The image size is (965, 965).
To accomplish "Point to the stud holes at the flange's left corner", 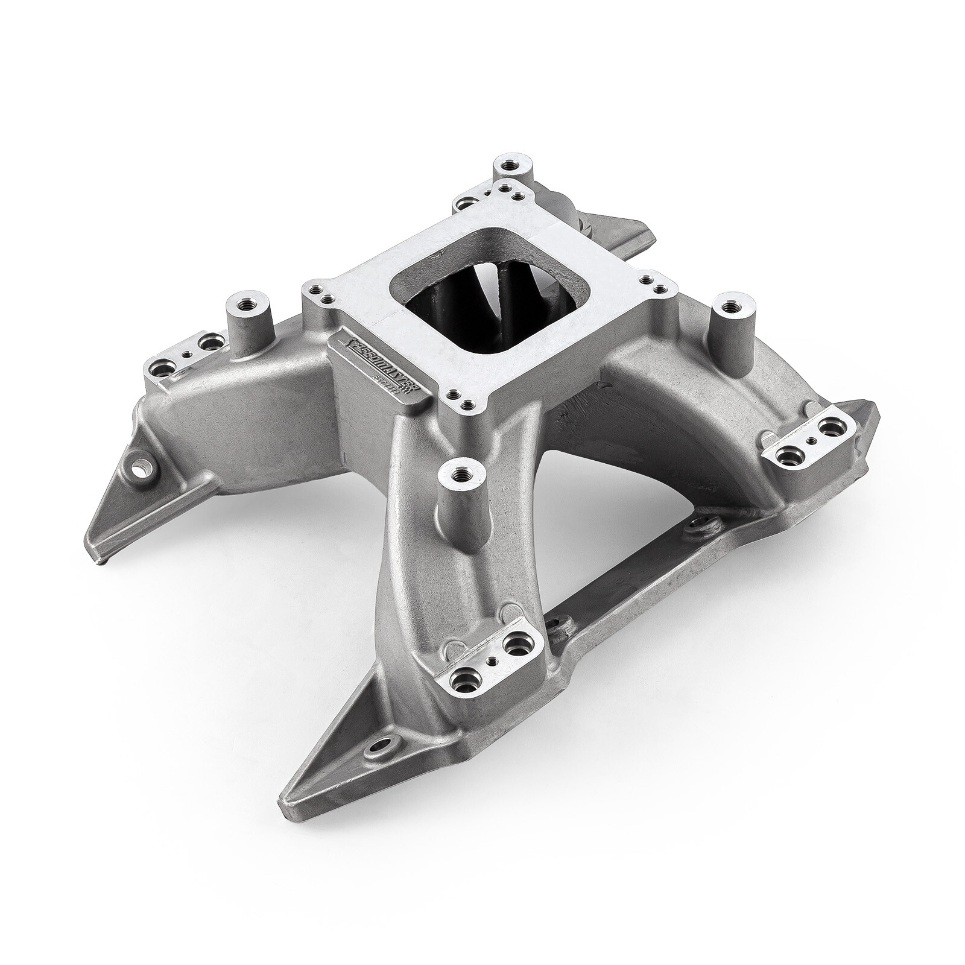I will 320,294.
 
